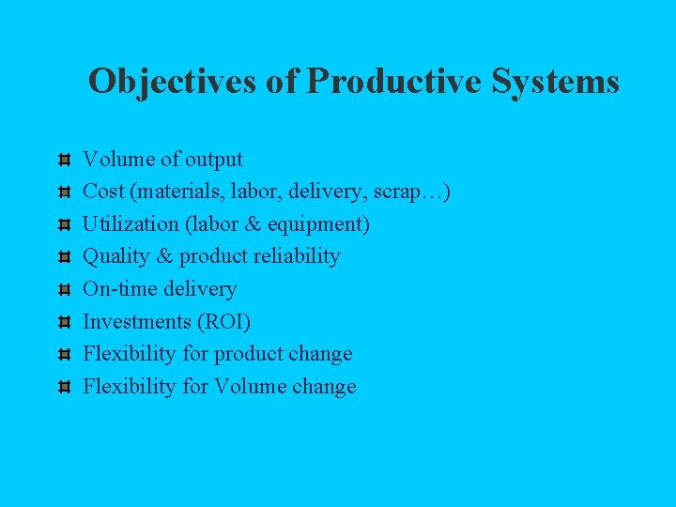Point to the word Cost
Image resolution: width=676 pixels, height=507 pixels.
tap(104, 192)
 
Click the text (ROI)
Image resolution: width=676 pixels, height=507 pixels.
tap(223, 321)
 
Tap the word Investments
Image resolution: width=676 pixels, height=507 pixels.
tap(136, 321)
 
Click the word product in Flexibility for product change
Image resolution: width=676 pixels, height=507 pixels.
tap(248, 354)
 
